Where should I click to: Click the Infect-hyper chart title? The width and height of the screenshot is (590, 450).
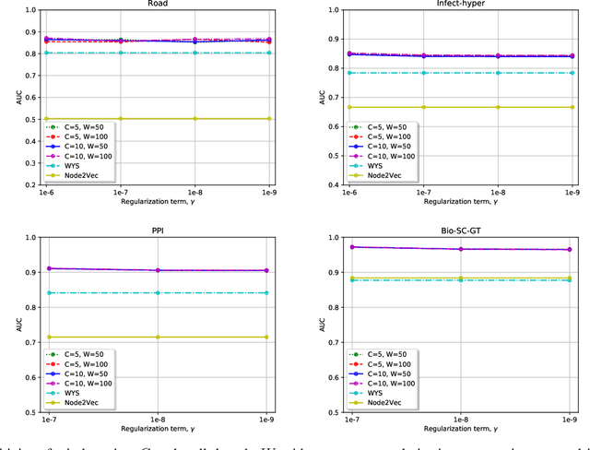point(460,4)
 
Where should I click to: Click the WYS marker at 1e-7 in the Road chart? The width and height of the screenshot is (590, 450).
point(120,53)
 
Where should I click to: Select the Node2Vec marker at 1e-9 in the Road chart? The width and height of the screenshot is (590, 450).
point(269,118)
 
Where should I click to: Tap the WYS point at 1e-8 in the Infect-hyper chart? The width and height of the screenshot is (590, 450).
point(498,73)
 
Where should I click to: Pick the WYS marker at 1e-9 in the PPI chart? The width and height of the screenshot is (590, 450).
point(267,292)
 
